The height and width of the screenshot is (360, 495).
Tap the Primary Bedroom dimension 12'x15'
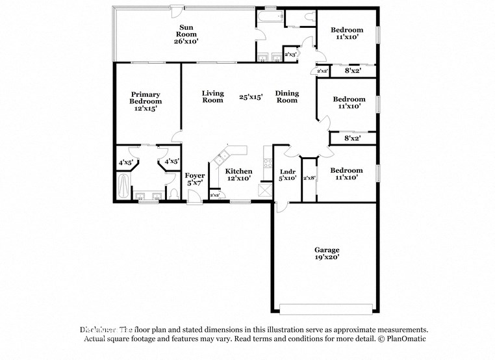coord(146,109)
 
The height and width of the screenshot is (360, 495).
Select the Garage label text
coord(327,250)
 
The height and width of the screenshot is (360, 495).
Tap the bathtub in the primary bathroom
coord(123,186)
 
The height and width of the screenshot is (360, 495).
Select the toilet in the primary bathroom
coord(171,194)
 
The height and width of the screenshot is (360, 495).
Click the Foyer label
coord(195,175)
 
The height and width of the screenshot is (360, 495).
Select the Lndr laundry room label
coord(288,171)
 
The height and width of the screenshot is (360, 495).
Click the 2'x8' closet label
coord(309,178)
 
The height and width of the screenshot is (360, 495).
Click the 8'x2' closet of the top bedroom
coord(352,70)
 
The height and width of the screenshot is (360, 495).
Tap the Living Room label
coord(212,97)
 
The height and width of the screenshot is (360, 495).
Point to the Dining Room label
coord(287,97)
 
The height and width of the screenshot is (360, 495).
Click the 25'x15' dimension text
coord(250,97)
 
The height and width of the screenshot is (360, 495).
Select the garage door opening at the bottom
coord(326,308)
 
